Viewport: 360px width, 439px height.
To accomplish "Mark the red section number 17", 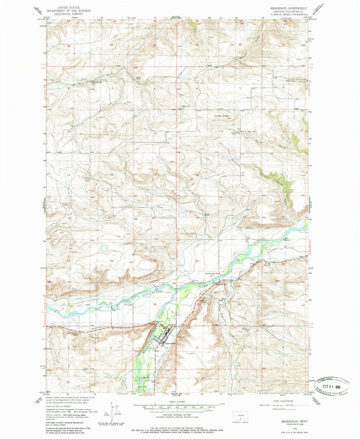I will (x=242, y=173).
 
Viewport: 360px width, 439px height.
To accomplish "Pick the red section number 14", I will (x=111, y=174).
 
